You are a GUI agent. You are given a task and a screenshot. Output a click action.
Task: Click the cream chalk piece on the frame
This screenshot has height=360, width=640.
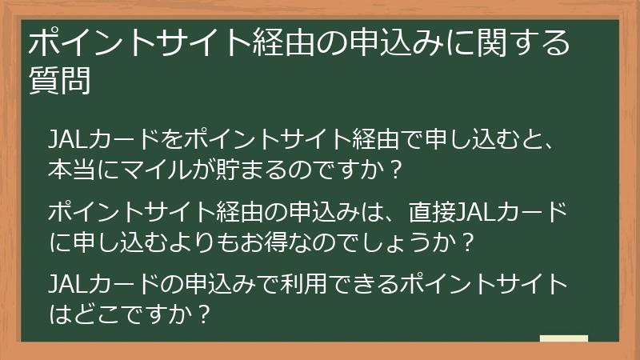pos(563,338)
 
